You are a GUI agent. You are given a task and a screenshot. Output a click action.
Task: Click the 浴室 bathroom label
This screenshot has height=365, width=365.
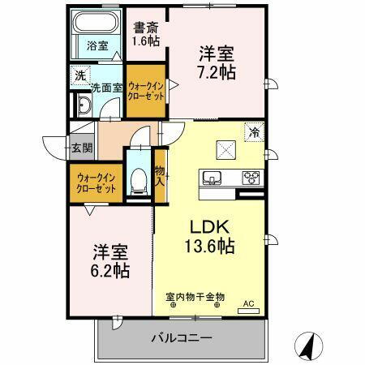tap(97, 46)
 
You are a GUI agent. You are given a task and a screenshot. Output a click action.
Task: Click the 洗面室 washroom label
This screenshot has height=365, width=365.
tap(106, 87)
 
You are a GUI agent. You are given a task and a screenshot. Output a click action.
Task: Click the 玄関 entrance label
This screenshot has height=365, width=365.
tap(81, 148)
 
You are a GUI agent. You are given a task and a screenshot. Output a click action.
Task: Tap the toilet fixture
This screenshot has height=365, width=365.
tap(139, 179)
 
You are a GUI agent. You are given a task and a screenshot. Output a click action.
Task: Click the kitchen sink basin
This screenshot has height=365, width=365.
tap(210, 177)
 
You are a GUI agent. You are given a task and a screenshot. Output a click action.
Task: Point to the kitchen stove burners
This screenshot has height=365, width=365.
tap(250, 178)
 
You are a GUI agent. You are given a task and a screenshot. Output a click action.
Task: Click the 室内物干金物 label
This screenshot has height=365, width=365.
tap(195, 297)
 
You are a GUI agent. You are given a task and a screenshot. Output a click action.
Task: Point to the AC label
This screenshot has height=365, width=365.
tap(249, 304)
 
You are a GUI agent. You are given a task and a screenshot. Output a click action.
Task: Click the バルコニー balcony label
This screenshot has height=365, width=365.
tap(182, 337)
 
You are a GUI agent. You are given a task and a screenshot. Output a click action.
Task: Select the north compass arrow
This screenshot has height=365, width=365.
tap(309, 348)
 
